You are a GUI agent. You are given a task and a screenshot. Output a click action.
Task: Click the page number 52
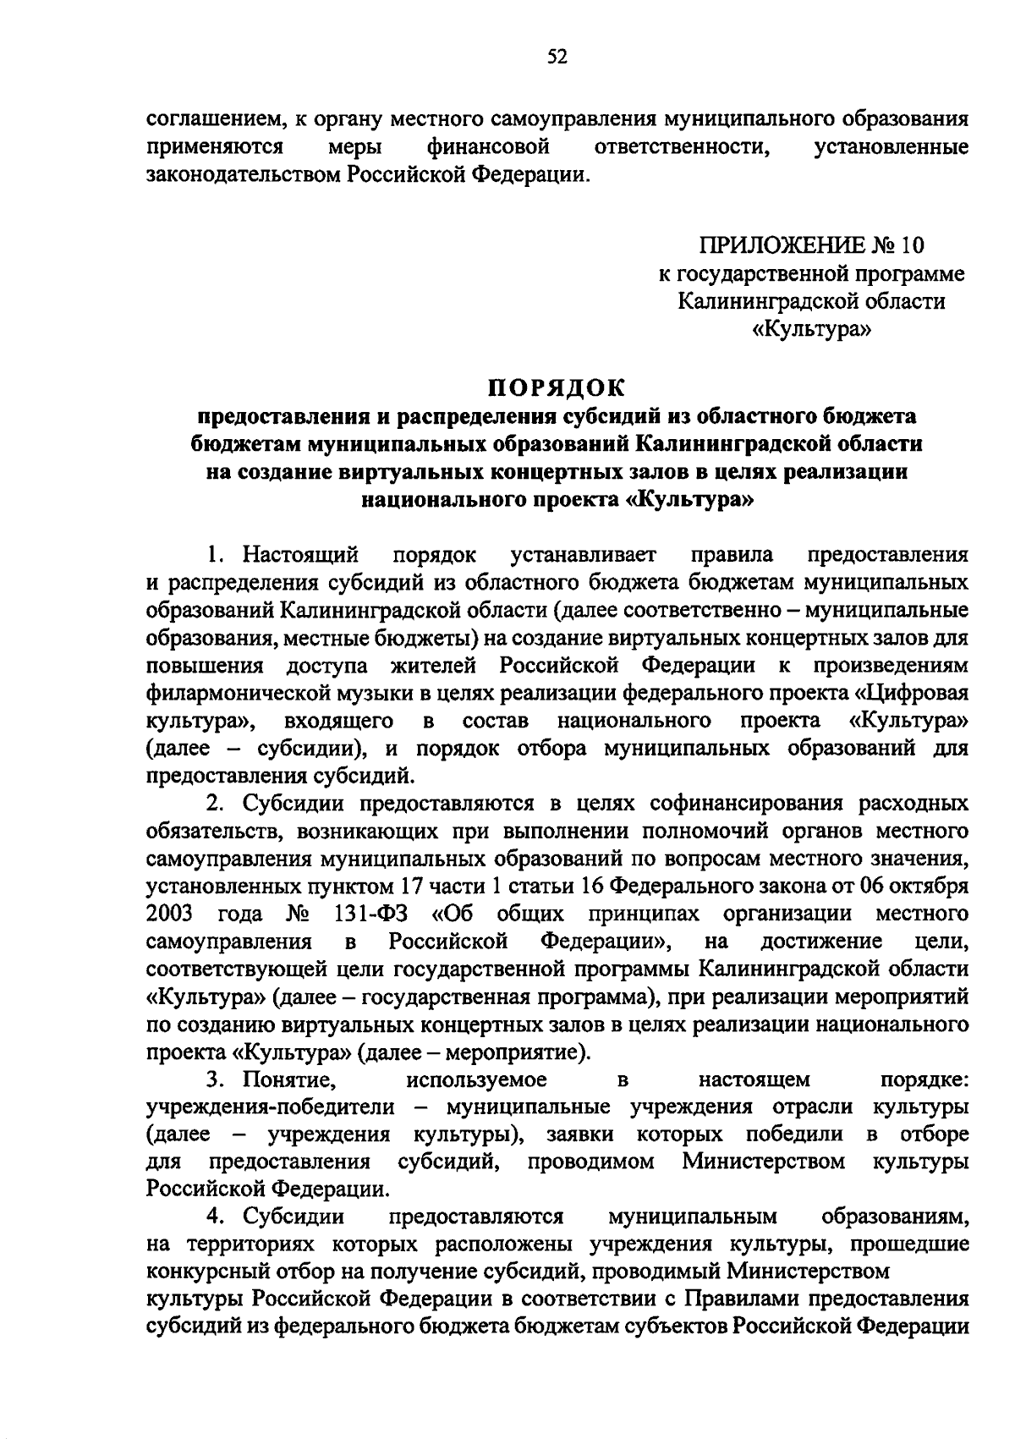click(557, 57)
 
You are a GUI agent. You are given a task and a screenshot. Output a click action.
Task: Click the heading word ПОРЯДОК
click(557, 388)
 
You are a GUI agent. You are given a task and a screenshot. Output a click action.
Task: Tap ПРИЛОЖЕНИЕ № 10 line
click(811, 245)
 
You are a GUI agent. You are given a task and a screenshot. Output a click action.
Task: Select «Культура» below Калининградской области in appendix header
click(811, 329)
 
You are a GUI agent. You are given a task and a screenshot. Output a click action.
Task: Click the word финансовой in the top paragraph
click(489, 147)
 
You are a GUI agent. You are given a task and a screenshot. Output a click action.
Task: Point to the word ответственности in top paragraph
click(682, 147)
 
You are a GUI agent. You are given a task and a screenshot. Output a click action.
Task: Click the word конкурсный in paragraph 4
click(199, 1271)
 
